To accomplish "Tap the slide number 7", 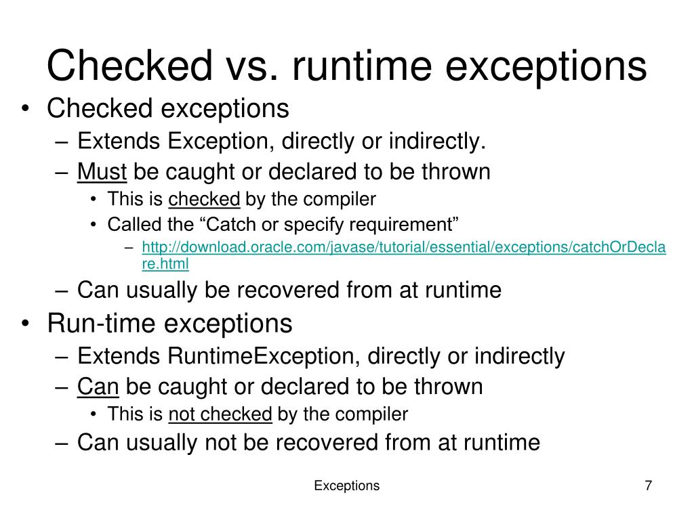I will (649, 485).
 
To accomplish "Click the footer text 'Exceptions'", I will (347, 485).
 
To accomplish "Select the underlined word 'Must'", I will (102, 172).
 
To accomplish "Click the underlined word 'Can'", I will (98, 387).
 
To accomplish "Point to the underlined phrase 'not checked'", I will (220, 414).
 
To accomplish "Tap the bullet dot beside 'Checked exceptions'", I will (26, 109).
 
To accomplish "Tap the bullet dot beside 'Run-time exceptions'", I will (26, 324).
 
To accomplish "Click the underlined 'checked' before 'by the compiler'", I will (204, 199).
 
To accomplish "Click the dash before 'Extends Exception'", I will (63, 142).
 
